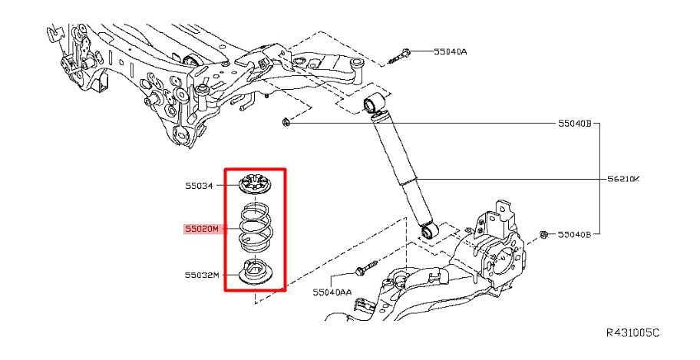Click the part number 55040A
[x=451, y=52]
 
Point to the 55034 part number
[x=200, y=185]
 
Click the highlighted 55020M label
[x=201, y=229]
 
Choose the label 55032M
[x=201, y=274]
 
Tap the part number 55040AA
[x=332, y=292]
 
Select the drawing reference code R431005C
[x=632, y=333]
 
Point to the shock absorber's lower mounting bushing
[x=430, y=230]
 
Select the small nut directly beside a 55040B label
[x=543, y=233]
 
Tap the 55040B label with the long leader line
[x=575, y=123]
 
